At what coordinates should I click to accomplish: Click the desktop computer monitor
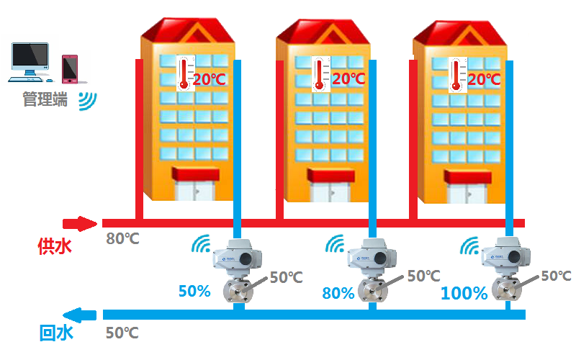30,58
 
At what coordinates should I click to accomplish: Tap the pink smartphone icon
70,69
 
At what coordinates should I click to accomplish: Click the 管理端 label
45,99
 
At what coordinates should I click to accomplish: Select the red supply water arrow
80,223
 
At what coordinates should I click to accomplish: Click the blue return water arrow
79,315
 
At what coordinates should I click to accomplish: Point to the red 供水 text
55,246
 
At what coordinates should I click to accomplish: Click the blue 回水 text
56,333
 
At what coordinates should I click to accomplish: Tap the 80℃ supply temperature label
122,239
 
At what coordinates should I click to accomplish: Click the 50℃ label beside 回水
122,333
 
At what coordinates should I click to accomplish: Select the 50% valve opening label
194,291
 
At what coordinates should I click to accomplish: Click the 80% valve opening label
338,293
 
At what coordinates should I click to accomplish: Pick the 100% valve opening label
464,293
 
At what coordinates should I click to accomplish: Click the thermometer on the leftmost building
185,73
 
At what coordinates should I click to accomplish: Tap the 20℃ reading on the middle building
348,78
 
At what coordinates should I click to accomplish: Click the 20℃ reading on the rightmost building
484,79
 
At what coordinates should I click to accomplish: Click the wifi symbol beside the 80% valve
335,243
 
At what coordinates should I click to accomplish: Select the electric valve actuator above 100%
506,256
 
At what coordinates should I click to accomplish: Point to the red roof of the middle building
323,32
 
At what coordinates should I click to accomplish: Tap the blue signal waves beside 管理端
87,101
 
